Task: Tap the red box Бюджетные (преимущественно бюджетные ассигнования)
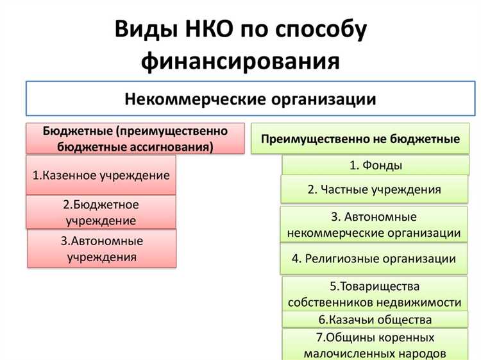(135, 139)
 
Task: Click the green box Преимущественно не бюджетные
(360, 139)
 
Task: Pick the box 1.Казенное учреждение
(101, 175)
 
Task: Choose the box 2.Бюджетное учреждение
(101, 212)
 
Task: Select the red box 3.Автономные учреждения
(101, 249)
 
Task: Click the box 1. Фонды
(375, 166)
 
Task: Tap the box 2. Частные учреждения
(374, 189)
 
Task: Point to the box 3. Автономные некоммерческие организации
(374, 225)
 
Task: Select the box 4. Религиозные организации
(374, 259)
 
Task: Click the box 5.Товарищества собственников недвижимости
(375, 294)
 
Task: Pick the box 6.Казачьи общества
(375, 319)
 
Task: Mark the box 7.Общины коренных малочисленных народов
(375, 345)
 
